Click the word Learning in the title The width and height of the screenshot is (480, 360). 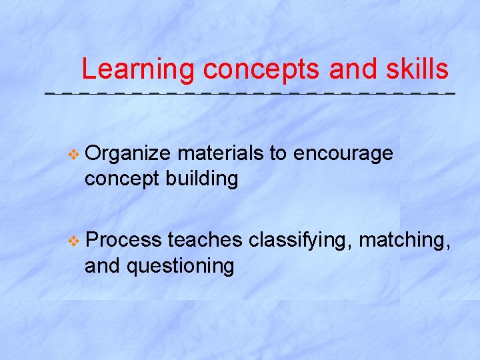point(138,69)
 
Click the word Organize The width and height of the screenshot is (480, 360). point(128,154)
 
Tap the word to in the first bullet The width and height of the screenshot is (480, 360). point(278,154)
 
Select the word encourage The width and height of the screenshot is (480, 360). point(343,154)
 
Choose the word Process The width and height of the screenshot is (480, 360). point(123,239)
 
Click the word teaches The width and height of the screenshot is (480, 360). point(205,239)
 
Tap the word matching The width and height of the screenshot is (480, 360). point(403,239)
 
